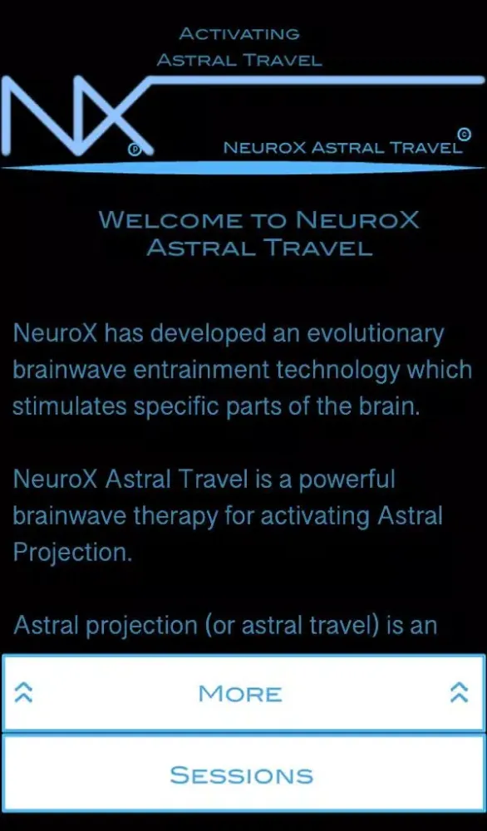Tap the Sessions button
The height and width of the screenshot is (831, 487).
242,774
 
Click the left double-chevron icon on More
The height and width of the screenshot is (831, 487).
24,693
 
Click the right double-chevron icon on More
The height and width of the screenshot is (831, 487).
459,693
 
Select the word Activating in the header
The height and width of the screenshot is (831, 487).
239,34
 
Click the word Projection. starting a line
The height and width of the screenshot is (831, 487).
72,553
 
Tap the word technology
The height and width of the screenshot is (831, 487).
333,371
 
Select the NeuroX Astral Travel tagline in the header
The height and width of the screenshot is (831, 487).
342,149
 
